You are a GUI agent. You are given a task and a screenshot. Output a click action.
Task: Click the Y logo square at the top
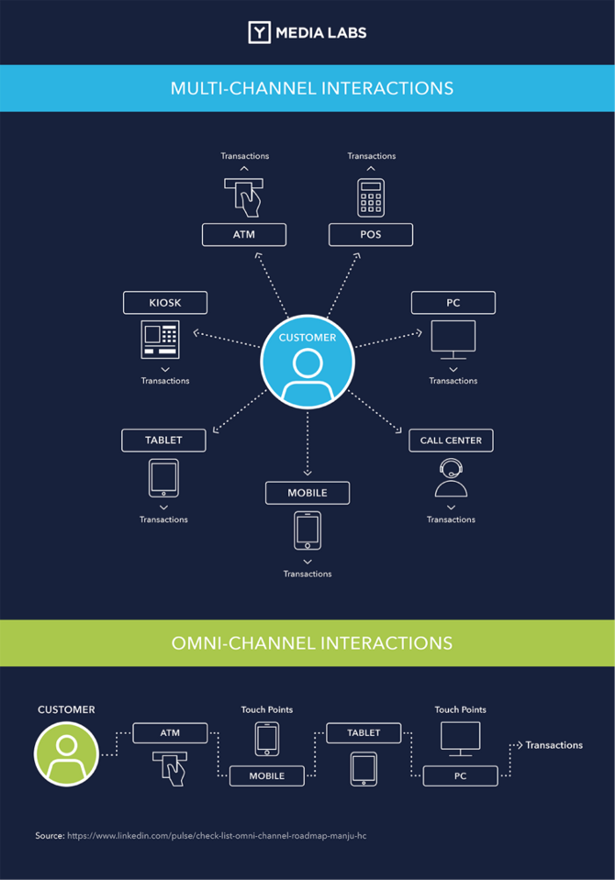(259, 33)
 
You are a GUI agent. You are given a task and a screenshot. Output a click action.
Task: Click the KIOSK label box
(165, 302)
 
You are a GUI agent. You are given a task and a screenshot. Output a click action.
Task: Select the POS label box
(371, 235)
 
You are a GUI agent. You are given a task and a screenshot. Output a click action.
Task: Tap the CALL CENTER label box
(451, 440)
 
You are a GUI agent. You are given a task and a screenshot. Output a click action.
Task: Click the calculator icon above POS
(371, 198)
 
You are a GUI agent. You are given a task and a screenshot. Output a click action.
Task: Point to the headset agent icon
(451, 479)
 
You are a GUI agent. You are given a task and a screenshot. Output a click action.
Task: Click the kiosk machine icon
(160, 339)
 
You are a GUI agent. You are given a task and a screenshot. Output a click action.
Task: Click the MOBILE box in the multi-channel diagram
(307, 492)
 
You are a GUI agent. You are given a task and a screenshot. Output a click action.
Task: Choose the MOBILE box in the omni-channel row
(267, 775)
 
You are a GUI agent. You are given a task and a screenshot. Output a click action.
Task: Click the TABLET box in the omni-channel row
(364, 732)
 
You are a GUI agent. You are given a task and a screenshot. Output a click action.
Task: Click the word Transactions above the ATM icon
(245, 156)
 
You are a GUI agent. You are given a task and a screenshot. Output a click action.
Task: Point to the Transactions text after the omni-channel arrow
(553, 745)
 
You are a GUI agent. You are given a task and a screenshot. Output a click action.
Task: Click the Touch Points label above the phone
(267, 709)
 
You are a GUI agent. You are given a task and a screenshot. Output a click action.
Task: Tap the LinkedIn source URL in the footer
(216, 835)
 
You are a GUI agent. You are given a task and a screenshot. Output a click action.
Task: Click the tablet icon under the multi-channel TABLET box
(163, 478)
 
